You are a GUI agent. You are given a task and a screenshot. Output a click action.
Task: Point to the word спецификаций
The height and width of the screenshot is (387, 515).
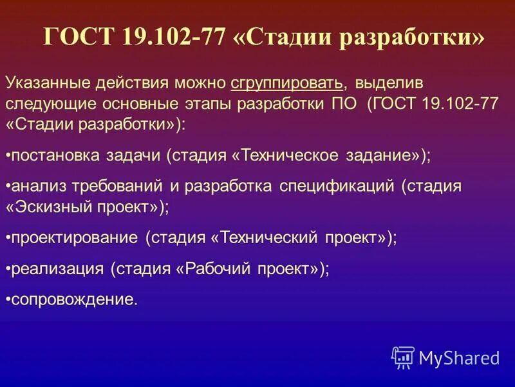tap(337, 187)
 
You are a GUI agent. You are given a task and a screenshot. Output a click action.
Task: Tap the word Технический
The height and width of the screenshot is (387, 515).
tap(267, 237)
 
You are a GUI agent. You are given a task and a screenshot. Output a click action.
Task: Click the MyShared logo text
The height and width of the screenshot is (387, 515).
tap(459, 357)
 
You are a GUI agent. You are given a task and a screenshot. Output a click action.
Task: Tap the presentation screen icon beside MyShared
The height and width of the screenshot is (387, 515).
tap(403, 357)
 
